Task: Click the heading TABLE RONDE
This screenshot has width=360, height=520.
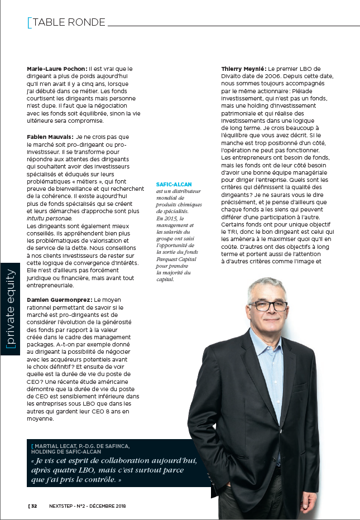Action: (x=69, y=22)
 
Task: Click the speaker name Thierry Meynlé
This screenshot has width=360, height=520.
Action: (x=244, y=69)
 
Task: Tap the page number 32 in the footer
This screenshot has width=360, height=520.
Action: (x=34, y=506)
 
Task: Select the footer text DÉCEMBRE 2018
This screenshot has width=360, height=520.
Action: (x=108, y=506)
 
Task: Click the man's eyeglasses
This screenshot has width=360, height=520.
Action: (x=270, y=305)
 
